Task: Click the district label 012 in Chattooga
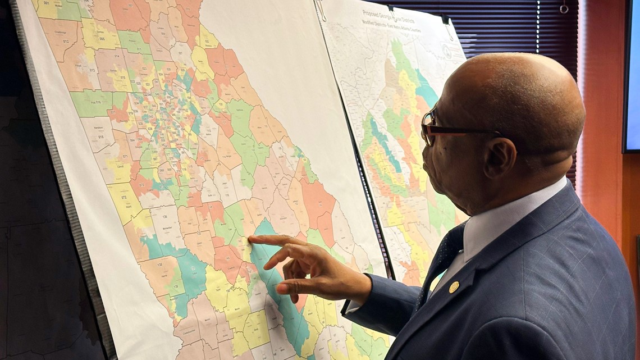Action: point(66,42)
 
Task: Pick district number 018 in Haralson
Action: point(101,137)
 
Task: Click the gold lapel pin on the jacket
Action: point(453,287)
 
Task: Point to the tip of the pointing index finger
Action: point(251,239)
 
